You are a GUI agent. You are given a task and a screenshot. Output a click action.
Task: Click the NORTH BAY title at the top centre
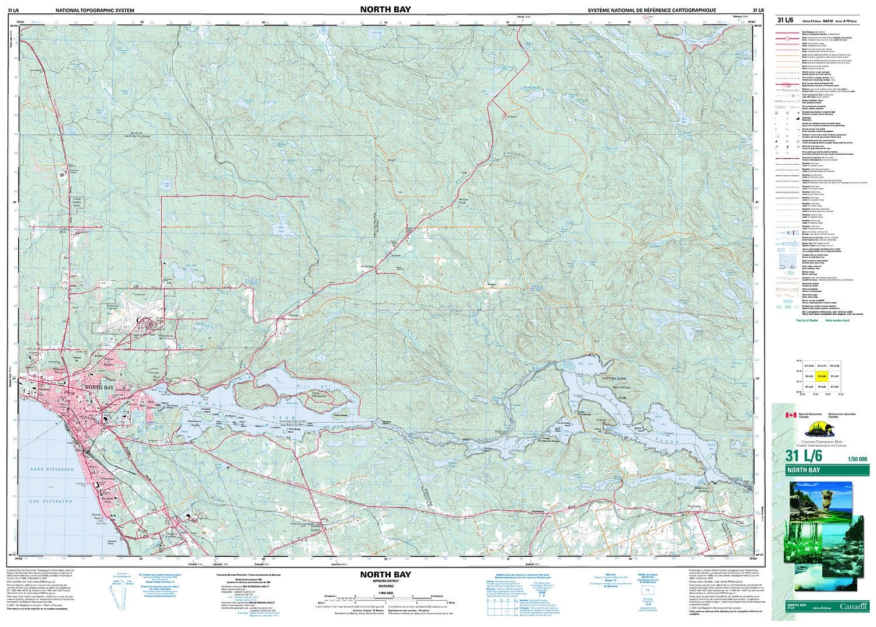click(x=385, y=9)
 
